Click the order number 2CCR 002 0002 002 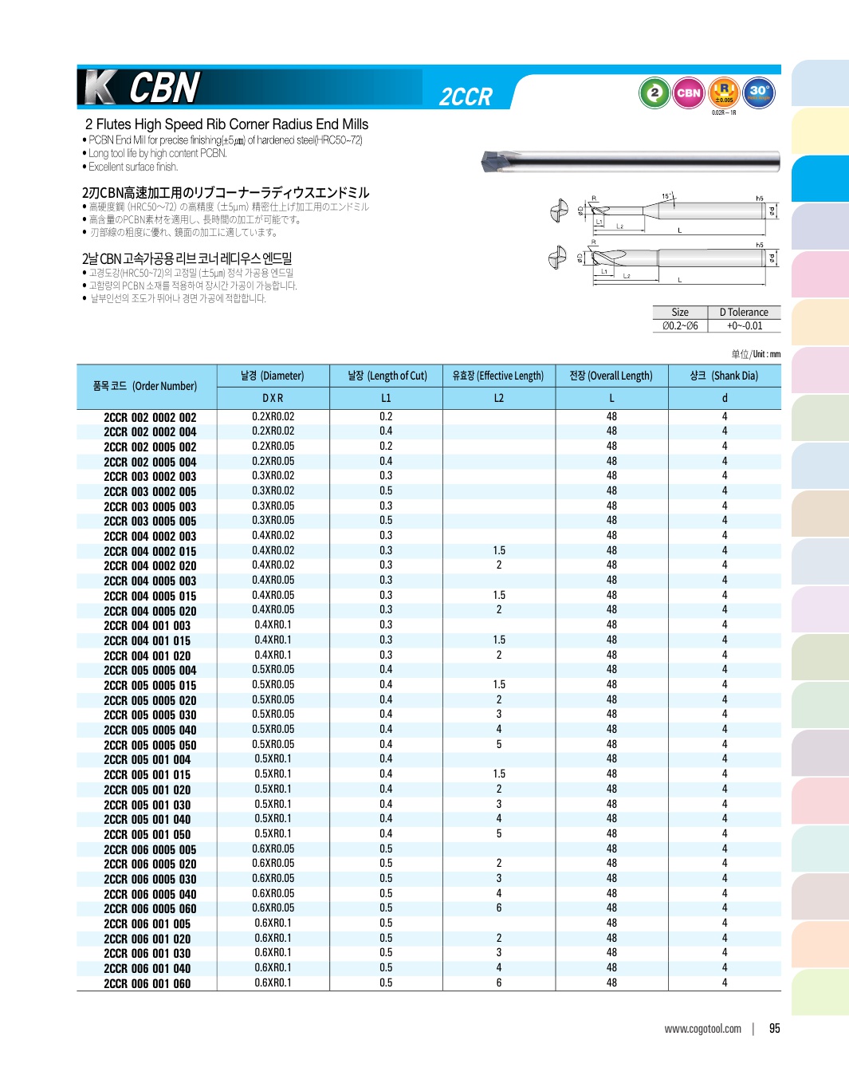[150, 417]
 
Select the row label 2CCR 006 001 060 [147, 984]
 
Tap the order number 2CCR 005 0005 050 [150, 746]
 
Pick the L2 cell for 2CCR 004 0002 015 [499, 551]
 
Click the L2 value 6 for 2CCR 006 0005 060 [499, 908]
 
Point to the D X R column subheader [273, 398]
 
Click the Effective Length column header [498, 376]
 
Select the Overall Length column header [611, 376]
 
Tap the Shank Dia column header [724, 376]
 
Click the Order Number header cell [145, 386]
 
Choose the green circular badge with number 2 [654, 93]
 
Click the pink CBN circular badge [688, 93]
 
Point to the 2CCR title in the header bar [466, 97]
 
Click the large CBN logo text [164, 88]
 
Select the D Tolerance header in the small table [744, 313]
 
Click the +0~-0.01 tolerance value [744, 326]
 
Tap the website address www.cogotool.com [702, 1029]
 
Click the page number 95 [774, 1029]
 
